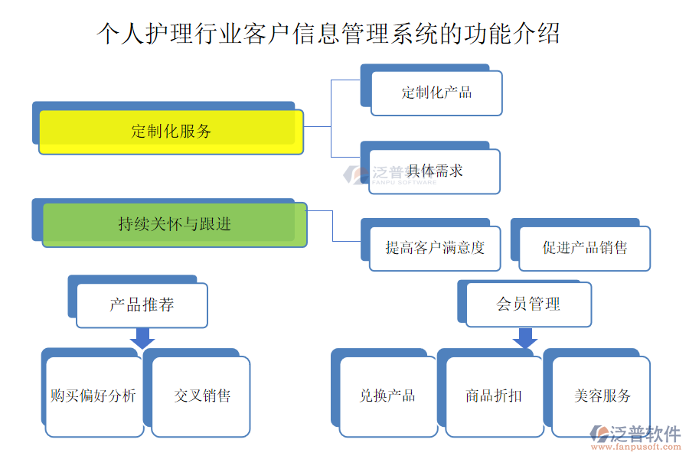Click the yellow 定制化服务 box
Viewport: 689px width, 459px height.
coord(171,132)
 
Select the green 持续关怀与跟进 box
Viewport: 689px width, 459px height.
coord(175,224)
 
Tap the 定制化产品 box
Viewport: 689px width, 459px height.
coord(436,93)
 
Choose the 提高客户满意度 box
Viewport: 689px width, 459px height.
coord(435,248)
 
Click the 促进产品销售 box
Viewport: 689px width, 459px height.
coord(585,248)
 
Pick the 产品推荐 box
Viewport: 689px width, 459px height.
coord(142,305)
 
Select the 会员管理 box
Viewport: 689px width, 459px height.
coord(528,304)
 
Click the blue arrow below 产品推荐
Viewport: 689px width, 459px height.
coord(142,337)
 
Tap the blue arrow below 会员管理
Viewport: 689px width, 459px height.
coord(525,337)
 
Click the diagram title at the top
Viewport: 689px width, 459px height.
coord(329,34)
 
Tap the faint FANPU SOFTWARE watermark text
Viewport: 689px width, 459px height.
coord(403,182)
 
